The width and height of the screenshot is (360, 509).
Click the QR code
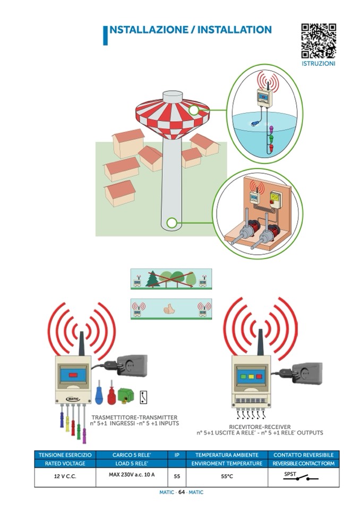click(x=319, y=41)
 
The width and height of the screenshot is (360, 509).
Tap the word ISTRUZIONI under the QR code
click(x=319, y=64)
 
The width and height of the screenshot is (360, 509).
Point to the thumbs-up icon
click(x=169, y=307)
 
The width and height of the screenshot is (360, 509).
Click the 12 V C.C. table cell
click(x=65, y=477)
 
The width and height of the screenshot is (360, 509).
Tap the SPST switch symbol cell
click(x=303, y=477)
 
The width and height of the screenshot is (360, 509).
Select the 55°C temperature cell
click(x=227, y=477)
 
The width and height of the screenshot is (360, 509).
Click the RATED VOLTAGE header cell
click(x=65, y=463)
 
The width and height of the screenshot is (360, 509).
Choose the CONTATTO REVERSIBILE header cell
click(x=303, y=455)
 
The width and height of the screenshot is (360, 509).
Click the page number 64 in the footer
click(x=181, y=492)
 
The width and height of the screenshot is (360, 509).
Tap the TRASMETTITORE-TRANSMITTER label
click(x=134, y=418)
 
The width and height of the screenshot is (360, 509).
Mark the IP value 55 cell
click(x=177, y=477)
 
